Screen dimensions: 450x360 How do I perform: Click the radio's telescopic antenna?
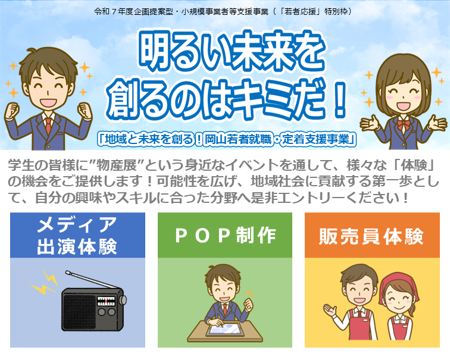[x=91, y=280]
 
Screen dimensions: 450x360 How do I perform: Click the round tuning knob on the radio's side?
[x=123, y=300]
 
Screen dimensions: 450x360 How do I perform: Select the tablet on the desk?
[x=225, y=330]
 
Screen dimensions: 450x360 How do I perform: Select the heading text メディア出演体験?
[x=77, y=236]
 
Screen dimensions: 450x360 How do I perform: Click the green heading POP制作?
[x=225, y=236]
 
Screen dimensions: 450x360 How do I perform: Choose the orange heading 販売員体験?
[x=371, y=236]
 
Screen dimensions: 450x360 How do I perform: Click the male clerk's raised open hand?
[x=330, y=309]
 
